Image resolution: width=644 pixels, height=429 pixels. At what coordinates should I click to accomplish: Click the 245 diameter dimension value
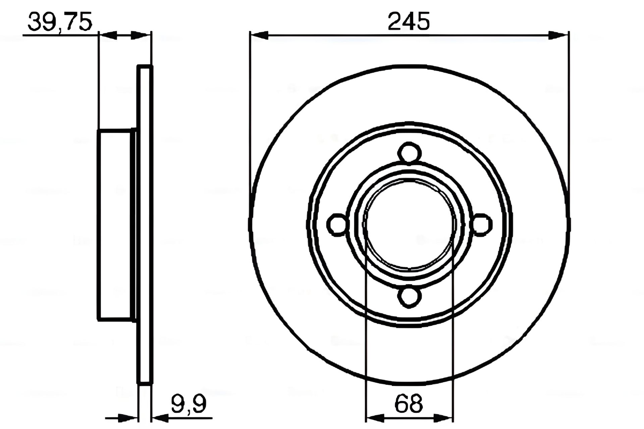(x=409, y=21)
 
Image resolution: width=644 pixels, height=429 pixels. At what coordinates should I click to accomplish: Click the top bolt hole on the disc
(x=409, y=154)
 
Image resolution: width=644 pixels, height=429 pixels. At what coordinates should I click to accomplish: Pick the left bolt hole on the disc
(x=337, y=224)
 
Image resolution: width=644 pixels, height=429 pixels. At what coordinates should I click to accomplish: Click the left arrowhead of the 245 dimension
(x=259, y=35)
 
